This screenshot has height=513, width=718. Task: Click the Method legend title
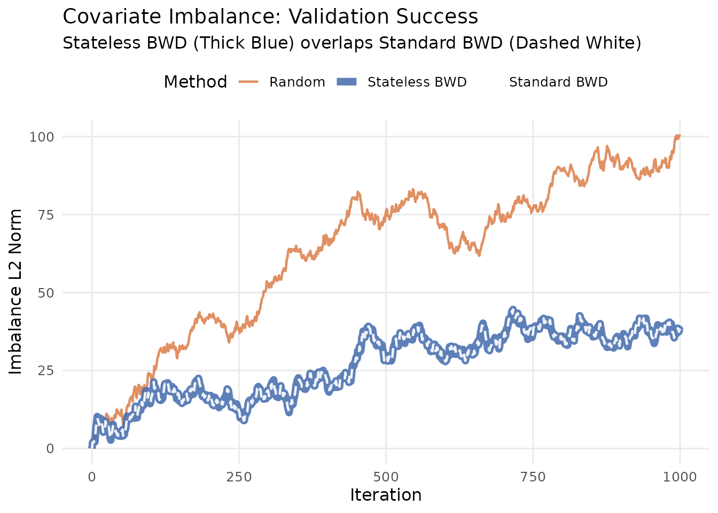tap(195, 82)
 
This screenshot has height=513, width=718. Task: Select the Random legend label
tap(297, 82)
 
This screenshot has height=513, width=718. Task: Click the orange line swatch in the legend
tap(248, 82)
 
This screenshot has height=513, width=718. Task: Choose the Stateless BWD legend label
tap(417, 82)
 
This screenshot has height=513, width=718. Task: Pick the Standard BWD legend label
tap(558, 82)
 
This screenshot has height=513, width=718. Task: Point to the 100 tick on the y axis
tap(42, 137)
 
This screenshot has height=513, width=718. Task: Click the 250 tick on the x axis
tap(239, 476)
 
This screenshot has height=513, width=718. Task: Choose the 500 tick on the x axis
tap(386, 476)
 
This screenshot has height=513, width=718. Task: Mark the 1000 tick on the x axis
tap(680, 476)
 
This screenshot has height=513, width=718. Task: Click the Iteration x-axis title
tap(386, 495)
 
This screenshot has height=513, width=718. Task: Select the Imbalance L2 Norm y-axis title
tap(16, 292)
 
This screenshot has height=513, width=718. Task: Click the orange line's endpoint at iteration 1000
tap(680, 136)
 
